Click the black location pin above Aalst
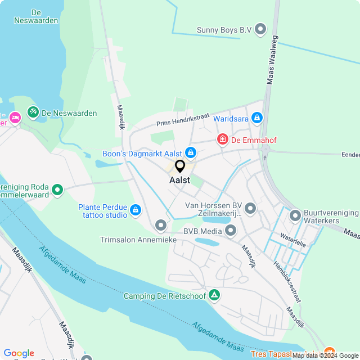pyautogui.click(x=180, y=166)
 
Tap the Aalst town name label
pyautogui.click(x=179, y=181)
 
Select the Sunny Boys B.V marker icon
pyautogui.click(x=260, y=29)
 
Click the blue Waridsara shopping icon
pyautogui.click(x=257, y=118)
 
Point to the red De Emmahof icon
pyautogui.click(x=223, y=139)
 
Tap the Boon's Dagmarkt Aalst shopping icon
pyautogui.click(x=191, y=152)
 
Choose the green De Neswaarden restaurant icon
pyautogui.click(x=33, y=113)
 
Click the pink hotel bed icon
pyautogui.click(x=15, y=117)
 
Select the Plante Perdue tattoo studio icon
pyautogui.click(x=135, y=210)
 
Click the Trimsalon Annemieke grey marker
pyautogui.click(x=161, y=226)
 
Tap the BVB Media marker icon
pyautogui.click(x=231, y=230)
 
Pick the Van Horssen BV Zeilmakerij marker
pyautogui.click(x=250, y=209)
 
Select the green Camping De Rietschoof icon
pyautogui.click(x=214, y=295)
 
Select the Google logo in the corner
pyautogui.click(x=19, y=353)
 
